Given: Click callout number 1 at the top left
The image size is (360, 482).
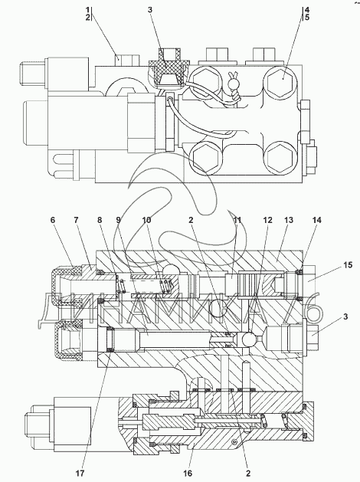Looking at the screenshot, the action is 87,9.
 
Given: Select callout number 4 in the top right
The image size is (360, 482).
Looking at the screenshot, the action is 307,9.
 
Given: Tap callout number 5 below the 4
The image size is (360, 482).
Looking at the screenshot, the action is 307,17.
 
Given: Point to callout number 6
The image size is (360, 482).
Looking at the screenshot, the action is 53,220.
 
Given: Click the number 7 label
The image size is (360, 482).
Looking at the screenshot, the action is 76,220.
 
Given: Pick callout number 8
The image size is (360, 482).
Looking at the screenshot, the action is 100,220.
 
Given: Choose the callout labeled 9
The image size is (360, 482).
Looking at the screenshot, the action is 119,220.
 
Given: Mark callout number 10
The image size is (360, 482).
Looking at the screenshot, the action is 146,220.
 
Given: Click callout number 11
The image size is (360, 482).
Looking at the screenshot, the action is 237,220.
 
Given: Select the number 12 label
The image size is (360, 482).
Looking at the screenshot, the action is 267,220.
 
